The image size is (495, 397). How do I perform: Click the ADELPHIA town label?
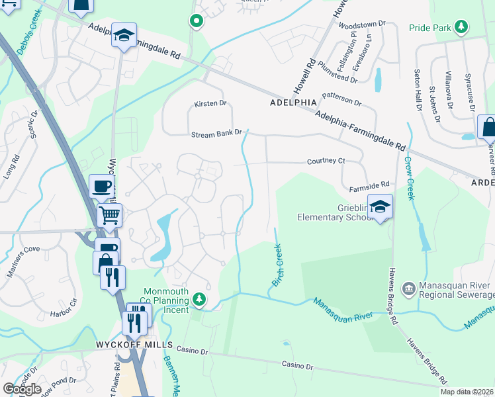(293, 103)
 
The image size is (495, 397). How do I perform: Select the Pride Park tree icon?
(461, 27)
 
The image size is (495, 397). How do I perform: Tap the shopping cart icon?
(110, 214)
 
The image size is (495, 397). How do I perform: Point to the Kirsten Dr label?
(210, 104)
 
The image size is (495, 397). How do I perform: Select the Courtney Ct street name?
(326, 161)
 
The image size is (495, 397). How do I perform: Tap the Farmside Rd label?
(369, 188)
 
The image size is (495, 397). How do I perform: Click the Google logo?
(22, 388)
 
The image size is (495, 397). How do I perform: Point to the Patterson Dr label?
(341, 99)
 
